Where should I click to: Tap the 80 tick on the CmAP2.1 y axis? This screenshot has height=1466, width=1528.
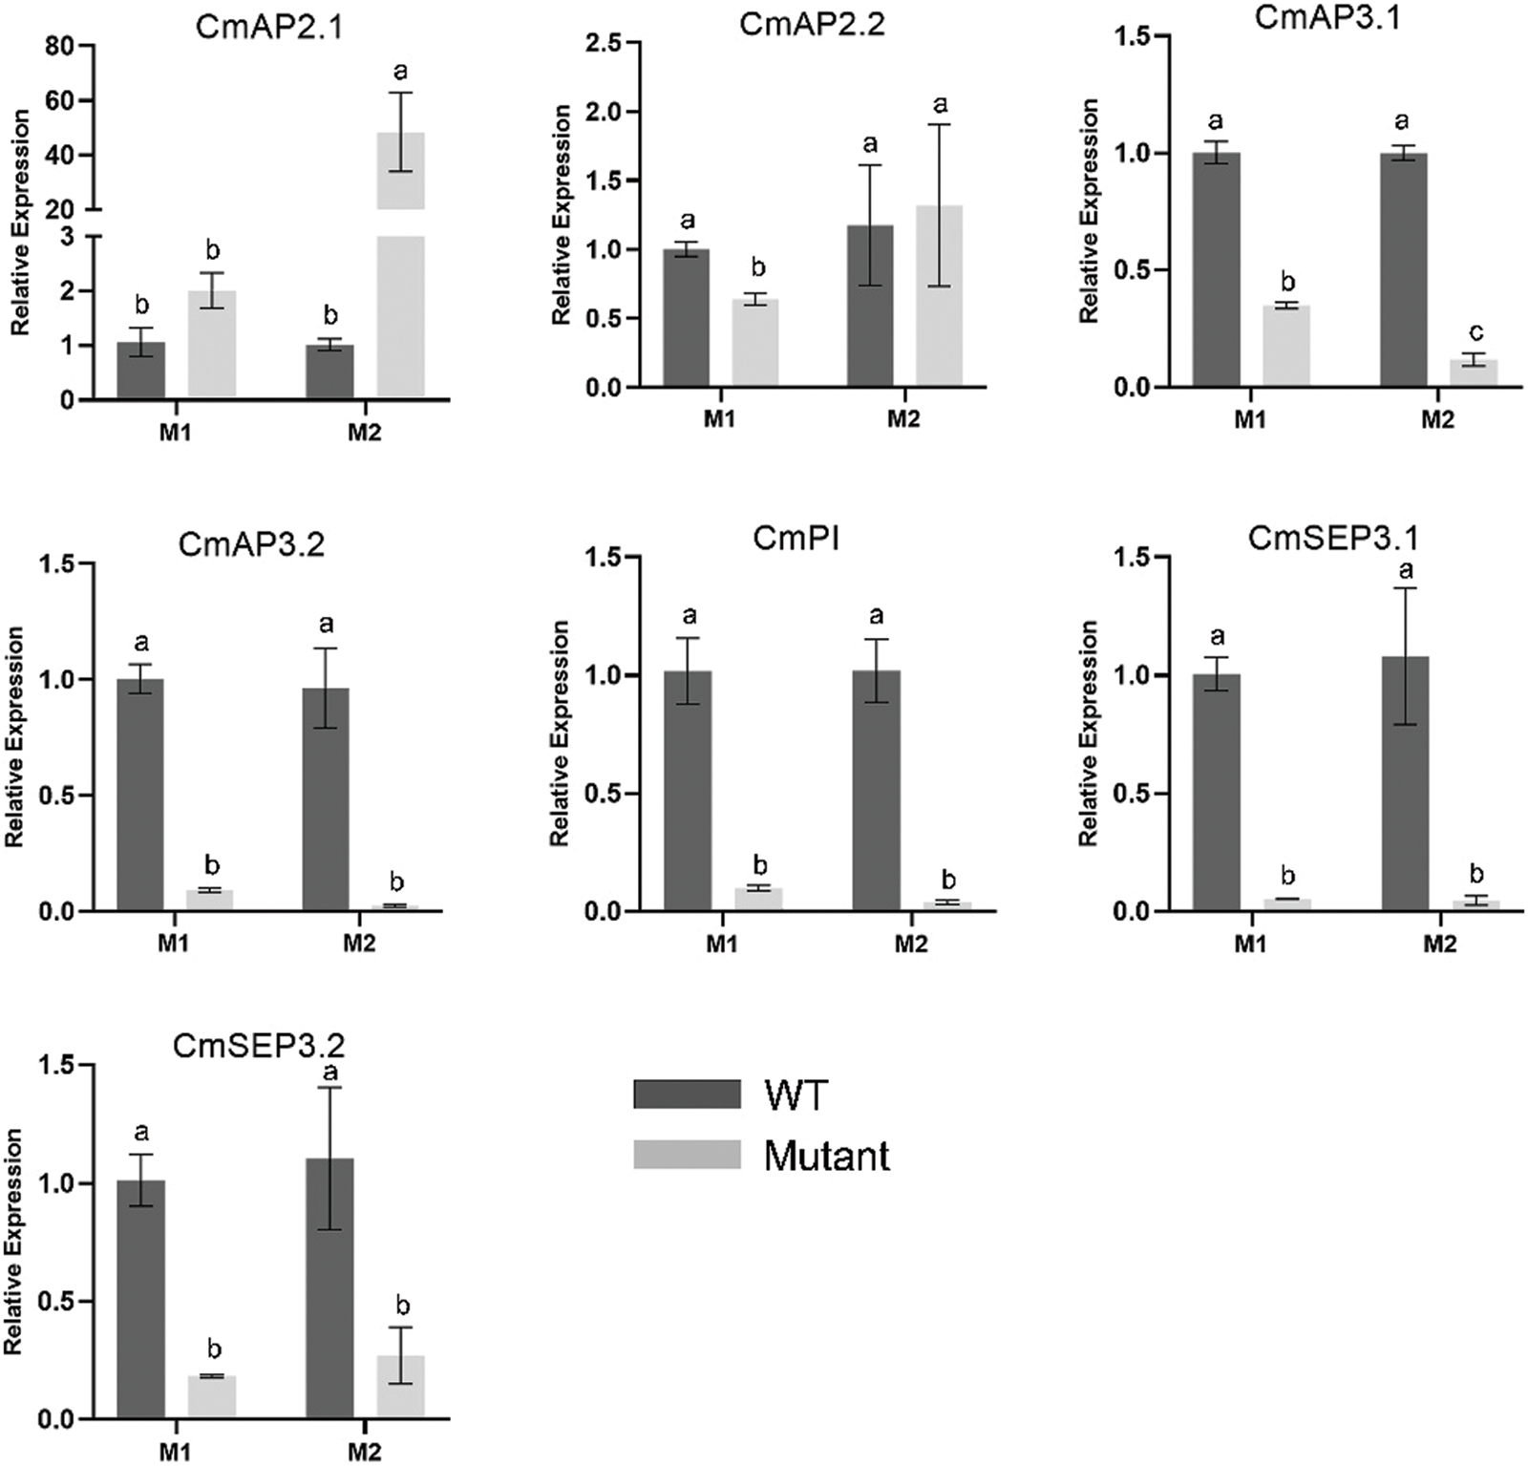[60, 46]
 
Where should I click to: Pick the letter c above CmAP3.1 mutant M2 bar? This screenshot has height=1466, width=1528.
[1476, 332]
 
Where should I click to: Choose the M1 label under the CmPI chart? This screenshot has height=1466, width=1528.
[722, 945]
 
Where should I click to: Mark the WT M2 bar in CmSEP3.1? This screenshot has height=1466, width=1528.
[1405, 783]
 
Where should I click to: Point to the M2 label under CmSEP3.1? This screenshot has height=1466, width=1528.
[1439, 945]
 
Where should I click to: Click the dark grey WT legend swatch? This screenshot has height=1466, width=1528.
[687, 1094]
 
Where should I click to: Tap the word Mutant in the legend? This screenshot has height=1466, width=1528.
[827, 1157]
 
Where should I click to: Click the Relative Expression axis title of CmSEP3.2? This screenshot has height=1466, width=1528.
[13, 1242]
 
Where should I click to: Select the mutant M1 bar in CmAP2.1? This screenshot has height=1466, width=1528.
[212, 345]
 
